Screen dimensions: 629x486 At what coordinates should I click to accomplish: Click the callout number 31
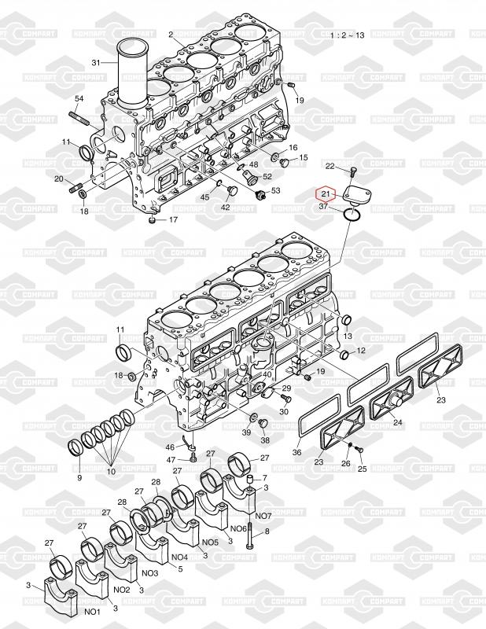point(97,62)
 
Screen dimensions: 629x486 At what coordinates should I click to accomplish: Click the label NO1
point(93,611)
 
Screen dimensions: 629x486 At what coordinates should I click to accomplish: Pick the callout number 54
point(79,98)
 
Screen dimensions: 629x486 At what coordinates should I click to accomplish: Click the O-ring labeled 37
point(353,213)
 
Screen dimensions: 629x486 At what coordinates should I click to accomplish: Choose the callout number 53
point(276,190)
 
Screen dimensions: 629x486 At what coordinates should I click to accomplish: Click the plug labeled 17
point(152,220)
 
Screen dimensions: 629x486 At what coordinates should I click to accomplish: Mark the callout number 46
point(170,447)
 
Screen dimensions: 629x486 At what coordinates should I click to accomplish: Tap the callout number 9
point(79,477)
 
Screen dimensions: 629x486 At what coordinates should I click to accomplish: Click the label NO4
point(179,558)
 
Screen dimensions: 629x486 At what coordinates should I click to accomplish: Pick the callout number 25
point(363,469)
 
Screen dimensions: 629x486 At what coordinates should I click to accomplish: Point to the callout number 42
point(225,207)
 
